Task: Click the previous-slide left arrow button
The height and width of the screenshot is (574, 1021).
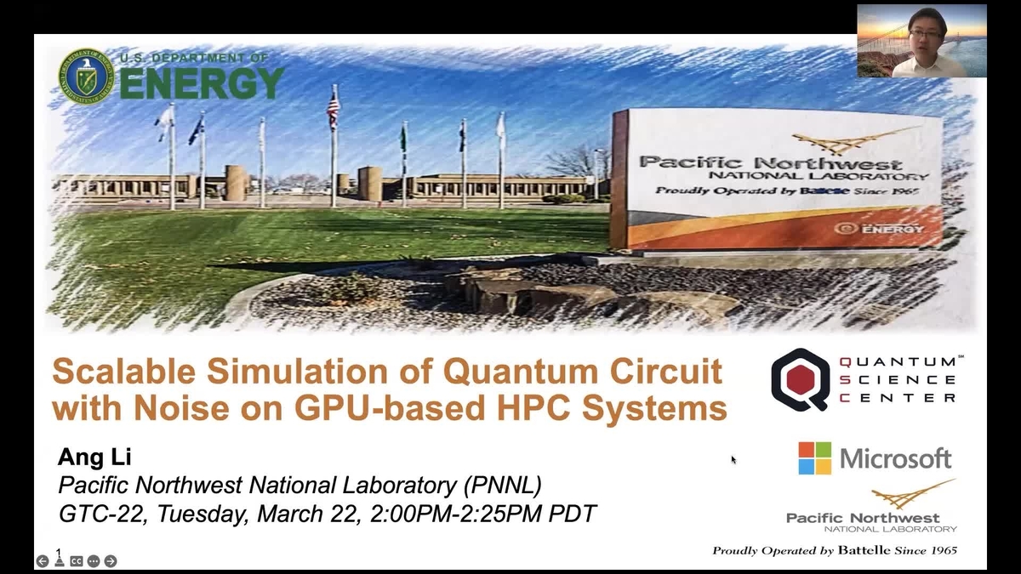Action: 43,561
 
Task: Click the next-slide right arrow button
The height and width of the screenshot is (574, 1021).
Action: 111,561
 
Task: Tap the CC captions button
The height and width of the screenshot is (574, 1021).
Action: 77,561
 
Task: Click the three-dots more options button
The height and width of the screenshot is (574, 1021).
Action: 94,561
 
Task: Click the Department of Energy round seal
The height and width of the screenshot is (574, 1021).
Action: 86,77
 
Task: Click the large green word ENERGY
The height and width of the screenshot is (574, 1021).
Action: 201,84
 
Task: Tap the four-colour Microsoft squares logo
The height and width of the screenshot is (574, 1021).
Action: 814,458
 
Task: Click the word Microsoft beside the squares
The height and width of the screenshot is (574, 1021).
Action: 896,459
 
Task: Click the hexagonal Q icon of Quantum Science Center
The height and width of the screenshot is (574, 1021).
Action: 800,379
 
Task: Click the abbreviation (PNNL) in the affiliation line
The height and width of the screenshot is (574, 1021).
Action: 502,486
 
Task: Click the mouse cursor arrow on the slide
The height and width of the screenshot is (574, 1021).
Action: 733,460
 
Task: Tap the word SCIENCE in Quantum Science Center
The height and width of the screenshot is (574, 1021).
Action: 898,379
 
